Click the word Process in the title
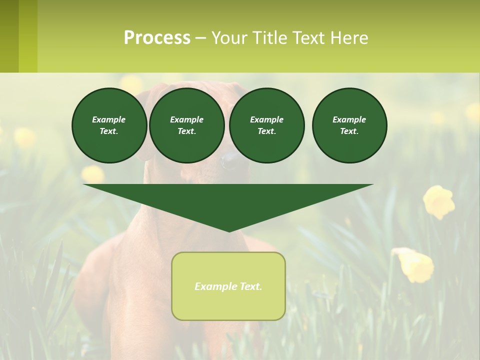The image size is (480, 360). pos(157,38)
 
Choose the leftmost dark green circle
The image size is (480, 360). pos(109,125)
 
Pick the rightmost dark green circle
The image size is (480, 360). pos(349,125)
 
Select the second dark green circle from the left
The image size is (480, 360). pos(187,125)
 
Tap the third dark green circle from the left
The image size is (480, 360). pos(267,125)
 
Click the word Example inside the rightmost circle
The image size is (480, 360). pos(349,119)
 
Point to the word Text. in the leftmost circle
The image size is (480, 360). pos(109,131)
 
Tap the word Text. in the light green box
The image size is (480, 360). pos(250,286)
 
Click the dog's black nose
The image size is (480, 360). pos(230,160)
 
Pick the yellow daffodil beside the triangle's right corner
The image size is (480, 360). pos(438,201)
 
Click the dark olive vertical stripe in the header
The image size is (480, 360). pos(9,36)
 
